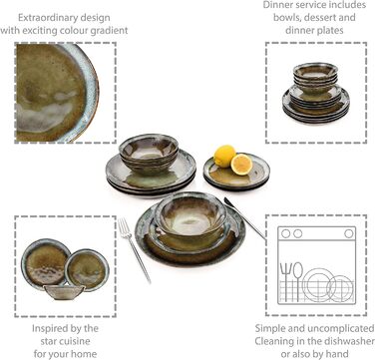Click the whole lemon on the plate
pyautogui.click(x=225, y=155)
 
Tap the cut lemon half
pyautogui.click(x=242, y=163)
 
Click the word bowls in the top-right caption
pyautogui.click(x=284, y=17)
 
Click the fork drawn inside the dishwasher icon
pyautogui.click(x=286, y=272)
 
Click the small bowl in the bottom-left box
pyautogui.click(x=65, y=291)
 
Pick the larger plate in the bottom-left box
pyautogui.click(x=46, y=260)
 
